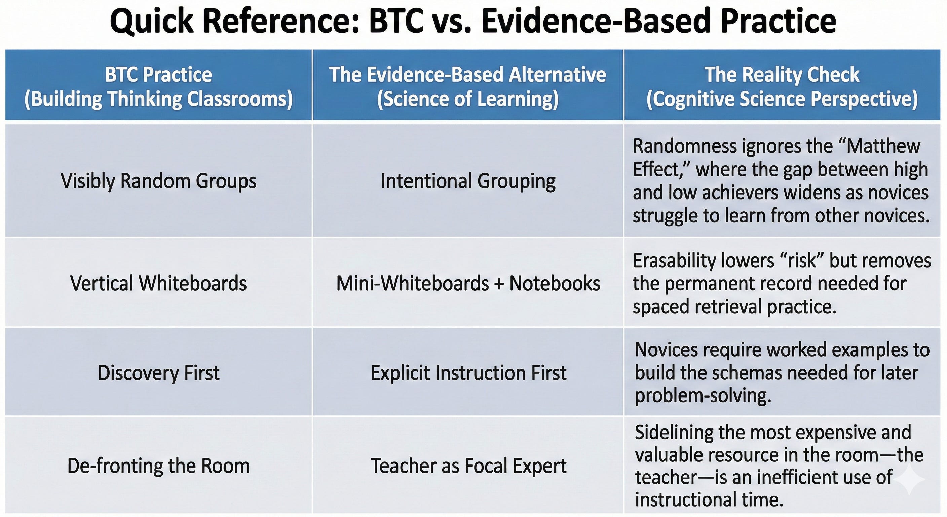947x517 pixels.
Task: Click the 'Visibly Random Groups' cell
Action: [x=158, y=181]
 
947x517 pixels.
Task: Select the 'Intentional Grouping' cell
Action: [x=468, y=181]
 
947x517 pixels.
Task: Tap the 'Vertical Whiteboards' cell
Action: [x=158, y=283]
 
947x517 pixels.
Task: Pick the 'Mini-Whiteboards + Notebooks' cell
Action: [x=468, y=283]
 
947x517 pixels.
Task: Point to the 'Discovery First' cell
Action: [x=158, y=373]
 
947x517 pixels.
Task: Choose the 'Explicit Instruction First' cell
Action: [x=468, y=373]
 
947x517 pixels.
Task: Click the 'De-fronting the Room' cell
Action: [x=158, y=466]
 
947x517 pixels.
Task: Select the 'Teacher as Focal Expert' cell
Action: [x=468, y=466]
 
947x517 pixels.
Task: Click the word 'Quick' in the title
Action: [x=151, y=21]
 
